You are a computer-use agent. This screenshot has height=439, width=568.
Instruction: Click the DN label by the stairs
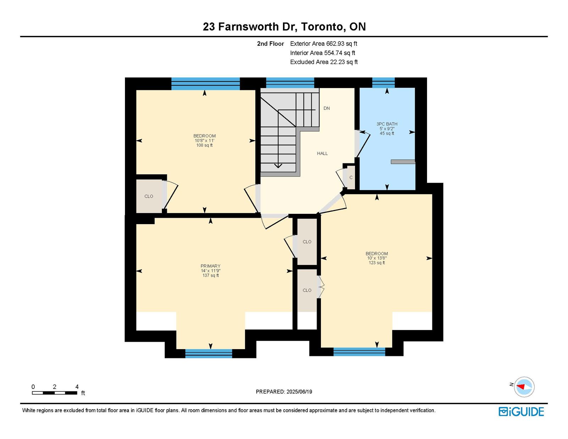click(327, 108)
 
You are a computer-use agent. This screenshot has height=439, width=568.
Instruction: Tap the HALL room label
click(322, 153)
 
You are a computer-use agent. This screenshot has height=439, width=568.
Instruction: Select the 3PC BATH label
click(387, 124)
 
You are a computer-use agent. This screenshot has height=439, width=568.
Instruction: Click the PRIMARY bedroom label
click(211, 266)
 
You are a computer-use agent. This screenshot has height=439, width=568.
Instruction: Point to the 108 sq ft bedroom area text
click(204, 145)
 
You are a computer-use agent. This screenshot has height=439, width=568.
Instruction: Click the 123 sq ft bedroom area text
click(377, 263)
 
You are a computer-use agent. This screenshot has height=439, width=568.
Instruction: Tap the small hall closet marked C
click(351, 178)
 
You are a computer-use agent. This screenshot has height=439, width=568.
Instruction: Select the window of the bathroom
click(383, 83)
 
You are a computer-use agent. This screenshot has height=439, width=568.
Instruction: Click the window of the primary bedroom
click(209, 353)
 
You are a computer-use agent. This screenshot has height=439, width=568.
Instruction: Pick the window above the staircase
click(290, 83)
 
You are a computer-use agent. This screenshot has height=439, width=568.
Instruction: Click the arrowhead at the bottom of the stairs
click(278, 166)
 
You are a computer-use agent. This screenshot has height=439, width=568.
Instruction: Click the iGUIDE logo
click(521, 412)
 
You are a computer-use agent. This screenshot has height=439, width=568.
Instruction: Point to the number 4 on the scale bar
click(77, 387)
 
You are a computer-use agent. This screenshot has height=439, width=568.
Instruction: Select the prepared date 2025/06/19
click(299, 392)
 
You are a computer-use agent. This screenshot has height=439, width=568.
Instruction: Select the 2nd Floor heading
click(270, 44)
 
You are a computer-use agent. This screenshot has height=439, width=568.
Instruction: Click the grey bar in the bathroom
click(403, 162)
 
